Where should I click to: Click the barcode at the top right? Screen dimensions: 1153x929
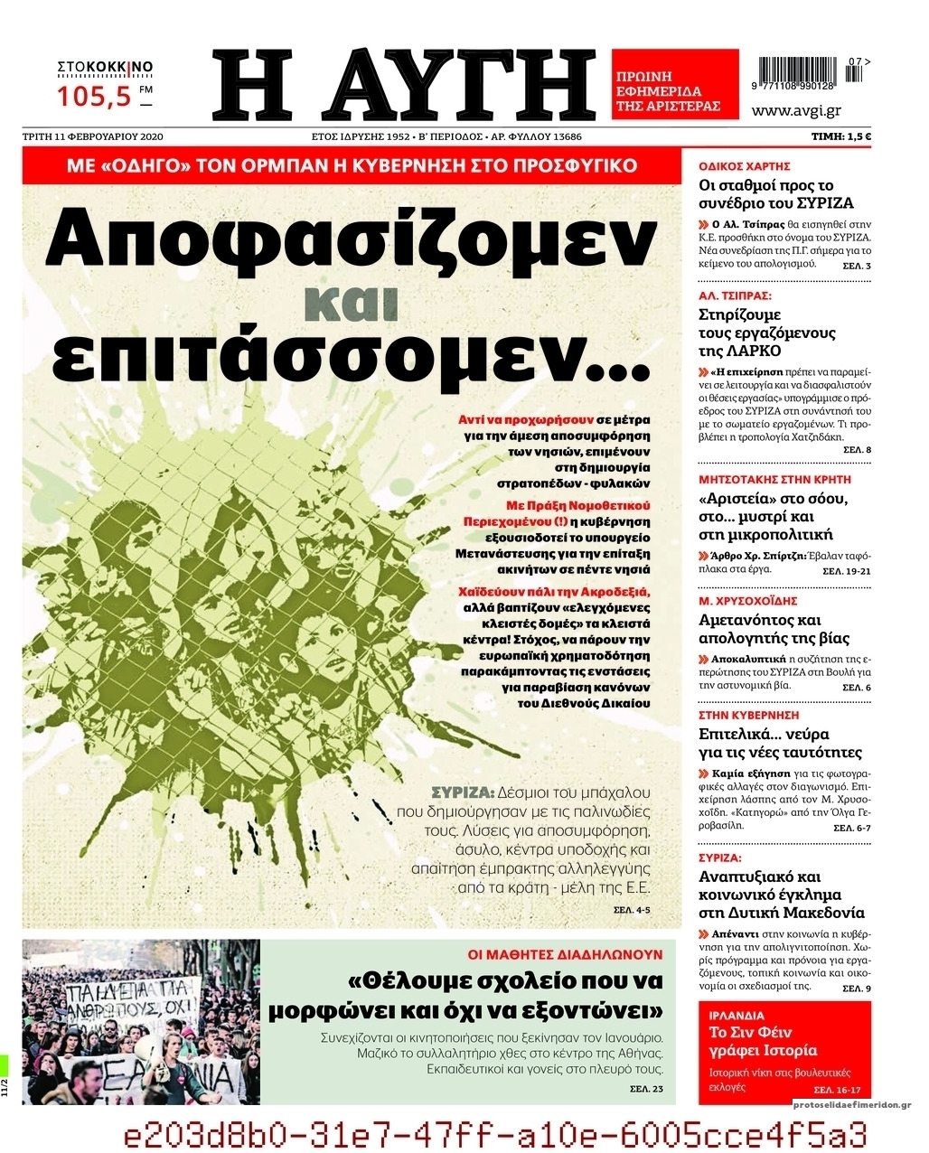click(799, 72)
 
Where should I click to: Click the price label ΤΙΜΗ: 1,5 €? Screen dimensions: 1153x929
click(840, 137)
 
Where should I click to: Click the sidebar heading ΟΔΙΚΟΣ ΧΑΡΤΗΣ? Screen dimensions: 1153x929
click(745, 166)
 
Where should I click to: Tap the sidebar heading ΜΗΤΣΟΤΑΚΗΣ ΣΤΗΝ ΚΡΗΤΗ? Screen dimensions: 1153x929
click(774, 480)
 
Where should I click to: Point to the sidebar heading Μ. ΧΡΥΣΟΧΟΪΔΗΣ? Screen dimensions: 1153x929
click(747, 601)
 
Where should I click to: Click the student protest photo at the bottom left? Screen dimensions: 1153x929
click(141, 1021)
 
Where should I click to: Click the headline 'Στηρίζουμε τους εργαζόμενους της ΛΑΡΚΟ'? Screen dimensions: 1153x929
click(767, 333)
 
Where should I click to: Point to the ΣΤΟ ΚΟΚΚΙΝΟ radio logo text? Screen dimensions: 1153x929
click(105, 67)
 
